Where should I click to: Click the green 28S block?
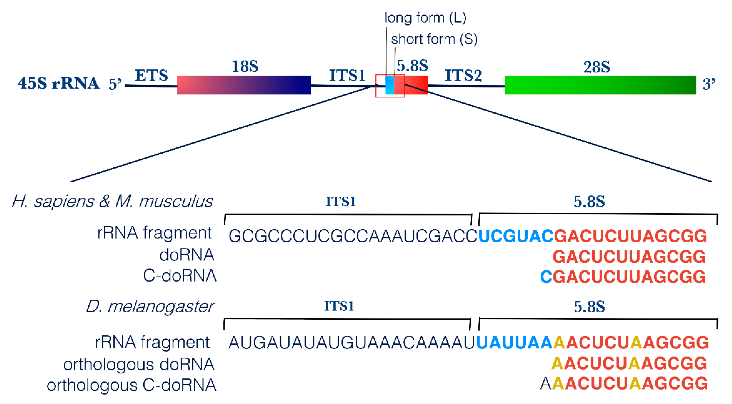(x=600, y=85)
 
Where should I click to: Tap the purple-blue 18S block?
(x=244, y=85)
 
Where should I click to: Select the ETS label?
(x=151, y=75)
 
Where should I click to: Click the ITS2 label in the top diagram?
(x=463, y=75)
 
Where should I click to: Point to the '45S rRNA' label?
(x=58, y=83)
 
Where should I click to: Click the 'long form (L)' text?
(x=425, y=18)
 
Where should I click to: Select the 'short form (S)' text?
(x=434, y=39)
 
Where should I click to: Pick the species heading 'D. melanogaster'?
(x=150, y=307)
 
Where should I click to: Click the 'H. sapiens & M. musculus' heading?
(x=112, y=202)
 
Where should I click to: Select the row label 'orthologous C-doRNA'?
(x=131, y=385)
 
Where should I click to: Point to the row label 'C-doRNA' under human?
(x=179, y=276)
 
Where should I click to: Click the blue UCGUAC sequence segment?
(x=515, y=236)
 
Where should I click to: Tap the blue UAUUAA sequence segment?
(x=514, y=343)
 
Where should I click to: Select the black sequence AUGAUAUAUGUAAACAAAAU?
(x=352, y=343)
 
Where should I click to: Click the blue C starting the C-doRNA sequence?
(x=546, y=277)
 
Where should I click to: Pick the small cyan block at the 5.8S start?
(x=390, y=85)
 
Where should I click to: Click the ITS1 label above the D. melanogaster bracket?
(x=339, y=306)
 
